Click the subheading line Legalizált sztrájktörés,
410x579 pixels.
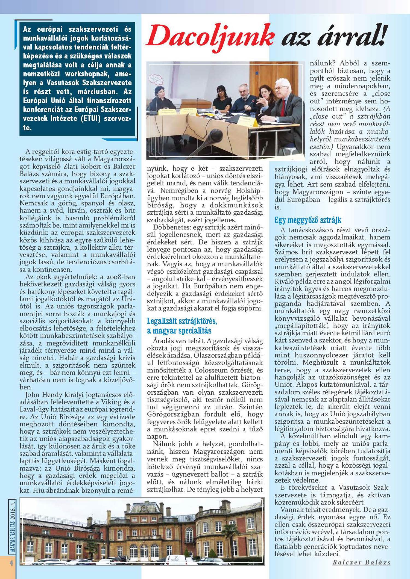tap(182, 321)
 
